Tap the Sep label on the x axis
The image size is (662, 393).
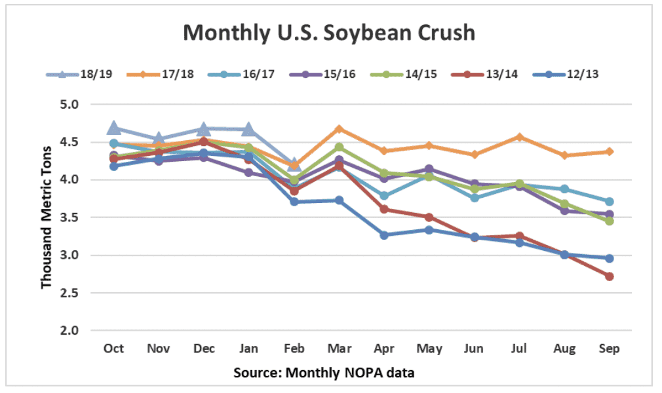(610, 348)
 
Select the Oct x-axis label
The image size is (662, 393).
(114, 348)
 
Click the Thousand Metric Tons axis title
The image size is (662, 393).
(47, 217)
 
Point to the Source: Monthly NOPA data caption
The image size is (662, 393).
(324, 373)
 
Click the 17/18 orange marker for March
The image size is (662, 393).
(340, 129)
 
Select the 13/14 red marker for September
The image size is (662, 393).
(610, 276)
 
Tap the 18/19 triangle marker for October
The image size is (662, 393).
(114, 127)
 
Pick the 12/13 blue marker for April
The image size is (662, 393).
(385, 234)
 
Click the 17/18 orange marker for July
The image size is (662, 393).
(519, 137)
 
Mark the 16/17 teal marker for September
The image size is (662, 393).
(610, 202)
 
